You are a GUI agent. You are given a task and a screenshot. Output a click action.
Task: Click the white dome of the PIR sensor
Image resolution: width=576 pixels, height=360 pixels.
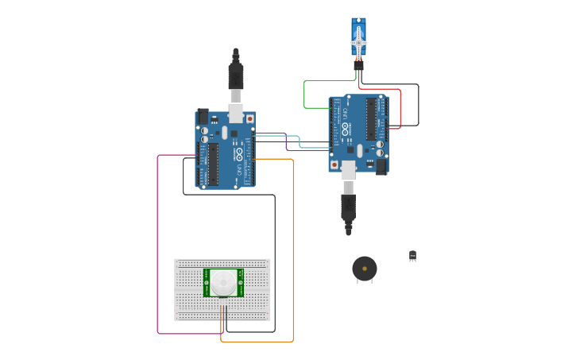tap(223, 282)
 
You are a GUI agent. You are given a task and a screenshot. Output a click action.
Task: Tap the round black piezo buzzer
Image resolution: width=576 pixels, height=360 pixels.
tap(365, 269)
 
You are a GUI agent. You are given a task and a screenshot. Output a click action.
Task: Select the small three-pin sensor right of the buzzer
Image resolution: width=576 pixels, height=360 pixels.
tap(412, 255)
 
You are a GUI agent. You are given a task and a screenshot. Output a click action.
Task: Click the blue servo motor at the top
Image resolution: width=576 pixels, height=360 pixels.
tap(358, 37)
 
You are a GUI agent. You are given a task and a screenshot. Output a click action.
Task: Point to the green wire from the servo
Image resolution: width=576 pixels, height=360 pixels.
tap(304, 94)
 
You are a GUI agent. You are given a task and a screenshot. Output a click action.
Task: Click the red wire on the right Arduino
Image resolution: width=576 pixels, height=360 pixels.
tap(400, 107)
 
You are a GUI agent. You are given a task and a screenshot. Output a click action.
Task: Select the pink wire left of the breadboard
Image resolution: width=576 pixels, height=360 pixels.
tap(158, 238)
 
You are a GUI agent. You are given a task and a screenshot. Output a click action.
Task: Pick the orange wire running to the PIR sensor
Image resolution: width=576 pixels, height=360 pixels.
tap(292, 254)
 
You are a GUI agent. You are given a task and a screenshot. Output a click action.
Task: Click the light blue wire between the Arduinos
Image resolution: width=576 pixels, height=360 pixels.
tap(300, 141)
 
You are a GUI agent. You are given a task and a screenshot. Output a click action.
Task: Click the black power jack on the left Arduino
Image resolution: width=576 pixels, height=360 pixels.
tap(203, 116)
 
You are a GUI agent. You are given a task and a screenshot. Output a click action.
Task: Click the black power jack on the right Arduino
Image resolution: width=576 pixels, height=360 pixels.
tap(381, 167)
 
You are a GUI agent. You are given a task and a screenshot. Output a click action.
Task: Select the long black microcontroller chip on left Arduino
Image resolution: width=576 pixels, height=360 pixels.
tap(213, 162)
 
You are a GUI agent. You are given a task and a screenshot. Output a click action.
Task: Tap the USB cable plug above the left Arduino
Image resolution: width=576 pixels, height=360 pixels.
tap(236, 75)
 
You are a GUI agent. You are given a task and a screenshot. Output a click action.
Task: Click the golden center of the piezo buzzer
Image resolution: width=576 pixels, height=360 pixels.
tap(365, 269)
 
